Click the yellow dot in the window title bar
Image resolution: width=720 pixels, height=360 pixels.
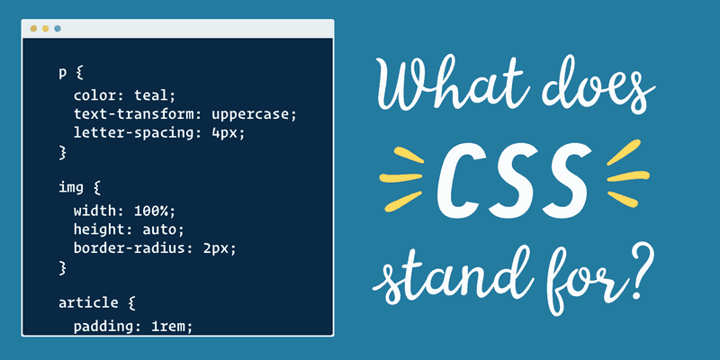[x=46, y=29]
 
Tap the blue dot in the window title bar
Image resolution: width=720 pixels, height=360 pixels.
[x=58, y=29]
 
